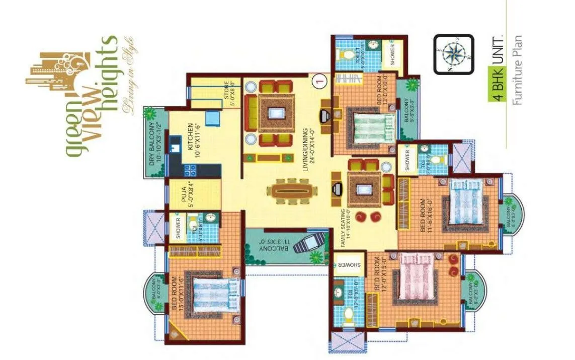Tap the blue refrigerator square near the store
coord(212,117)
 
